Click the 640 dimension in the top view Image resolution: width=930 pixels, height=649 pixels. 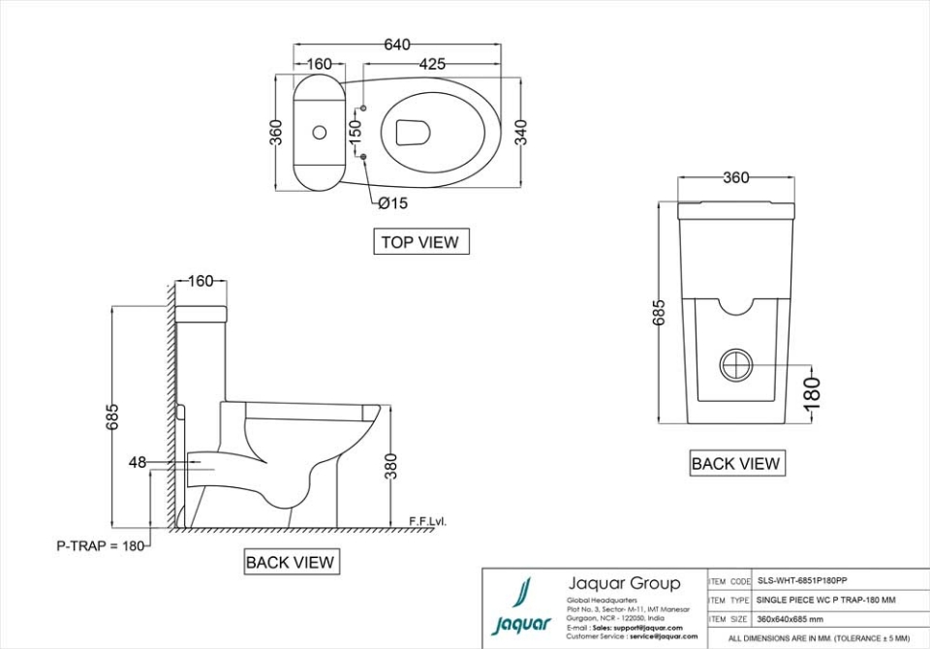coord(397,45)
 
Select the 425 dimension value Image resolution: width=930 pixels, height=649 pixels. coord(432,65)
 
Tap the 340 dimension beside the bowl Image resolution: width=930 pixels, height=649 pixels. coord(521,131)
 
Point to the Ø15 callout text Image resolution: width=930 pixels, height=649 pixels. coord(392,202)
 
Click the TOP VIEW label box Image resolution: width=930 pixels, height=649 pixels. coord(420,242)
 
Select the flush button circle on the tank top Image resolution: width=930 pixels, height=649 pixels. coord(319,131)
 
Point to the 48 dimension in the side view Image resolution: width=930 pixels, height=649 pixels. coord(137,463)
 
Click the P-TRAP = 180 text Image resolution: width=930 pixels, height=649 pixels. coord(100,546)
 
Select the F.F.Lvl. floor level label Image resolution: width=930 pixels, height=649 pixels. coord(427,522)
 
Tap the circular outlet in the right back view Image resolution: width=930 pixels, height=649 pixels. coord(735,365)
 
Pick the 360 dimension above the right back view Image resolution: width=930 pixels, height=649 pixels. coord(736,178)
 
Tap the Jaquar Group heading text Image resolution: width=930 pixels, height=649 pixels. coord(623,583)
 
